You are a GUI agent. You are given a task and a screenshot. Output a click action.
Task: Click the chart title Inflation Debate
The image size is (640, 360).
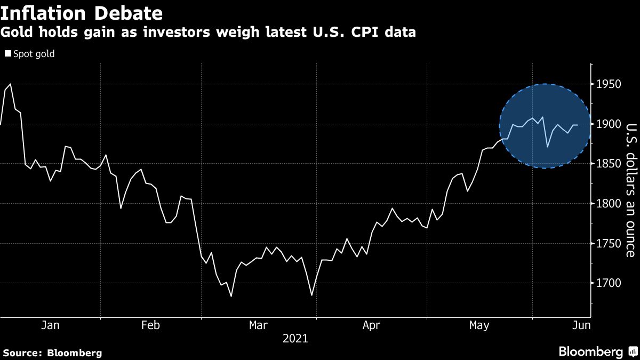tap(82, 12)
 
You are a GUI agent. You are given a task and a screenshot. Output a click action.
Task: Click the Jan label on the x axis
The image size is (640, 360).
tap(50, 325)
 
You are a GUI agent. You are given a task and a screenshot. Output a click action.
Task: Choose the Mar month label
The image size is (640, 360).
tap(259, 325)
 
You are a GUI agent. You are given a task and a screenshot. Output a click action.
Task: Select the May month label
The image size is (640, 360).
tap(479, 325)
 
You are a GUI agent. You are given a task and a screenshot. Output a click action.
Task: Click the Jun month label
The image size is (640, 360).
tap(581, 325)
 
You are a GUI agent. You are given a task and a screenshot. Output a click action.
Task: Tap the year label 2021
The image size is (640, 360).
tap(295, 338)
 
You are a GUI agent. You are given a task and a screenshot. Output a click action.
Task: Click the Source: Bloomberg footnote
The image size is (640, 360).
tap(52, 353)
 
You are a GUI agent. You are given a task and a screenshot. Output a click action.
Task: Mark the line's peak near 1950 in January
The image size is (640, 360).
tap(11, 84)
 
